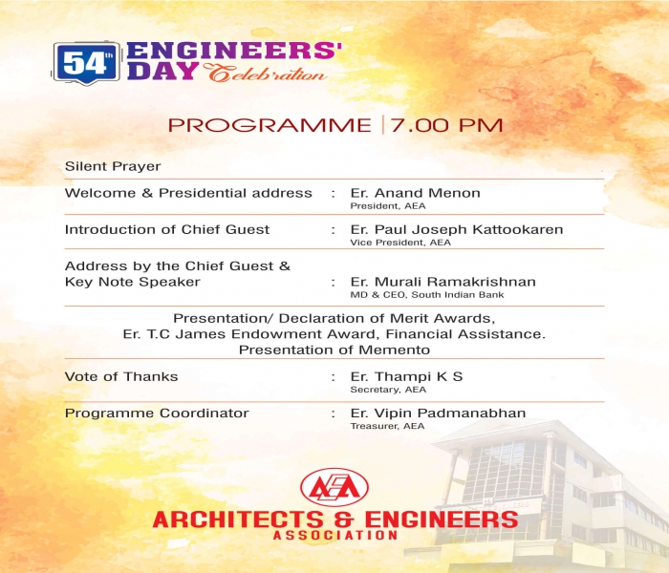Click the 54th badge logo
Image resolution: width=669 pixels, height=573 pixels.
(x=86, y=63)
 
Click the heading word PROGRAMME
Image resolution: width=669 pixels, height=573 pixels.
(x=270, y=125)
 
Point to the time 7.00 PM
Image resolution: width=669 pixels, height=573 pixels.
(x=446, y=125)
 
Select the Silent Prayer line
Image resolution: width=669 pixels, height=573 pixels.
(x=113, y=166)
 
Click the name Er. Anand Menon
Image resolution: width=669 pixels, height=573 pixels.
(x=415, y=193)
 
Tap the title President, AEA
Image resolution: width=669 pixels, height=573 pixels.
(x=388, y=206)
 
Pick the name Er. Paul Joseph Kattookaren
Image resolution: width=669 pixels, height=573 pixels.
(x=457, y=230)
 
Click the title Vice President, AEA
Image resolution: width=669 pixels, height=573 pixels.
(x=400, y=243)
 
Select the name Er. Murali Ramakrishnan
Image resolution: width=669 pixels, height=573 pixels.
(x=442, y=282)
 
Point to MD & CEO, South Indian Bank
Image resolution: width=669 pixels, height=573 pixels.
(x=427, y=295)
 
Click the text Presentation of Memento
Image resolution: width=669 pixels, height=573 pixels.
(x=334, y=350)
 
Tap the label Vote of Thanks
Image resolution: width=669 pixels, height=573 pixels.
(x=121, y=377)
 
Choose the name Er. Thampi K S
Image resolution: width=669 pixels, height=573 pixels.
(x=406, y=377)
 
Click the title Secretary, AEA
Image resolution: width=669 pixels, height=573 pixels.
(x=388, y=390)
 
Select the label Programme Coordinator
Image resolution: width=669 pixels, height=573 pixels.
(x=157, y=414)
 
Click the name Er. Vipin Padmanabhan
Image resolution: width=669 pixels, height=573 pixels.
(x=438, y=414)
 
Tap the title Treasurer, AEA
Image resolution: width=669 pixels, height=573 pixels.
(x=387, y=426)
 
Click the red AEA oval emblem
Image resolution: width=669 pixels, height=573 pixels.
(x=334, y=488)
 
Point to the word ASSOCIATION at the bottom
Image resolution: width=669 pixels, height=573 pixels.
(x=335, y=535)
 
